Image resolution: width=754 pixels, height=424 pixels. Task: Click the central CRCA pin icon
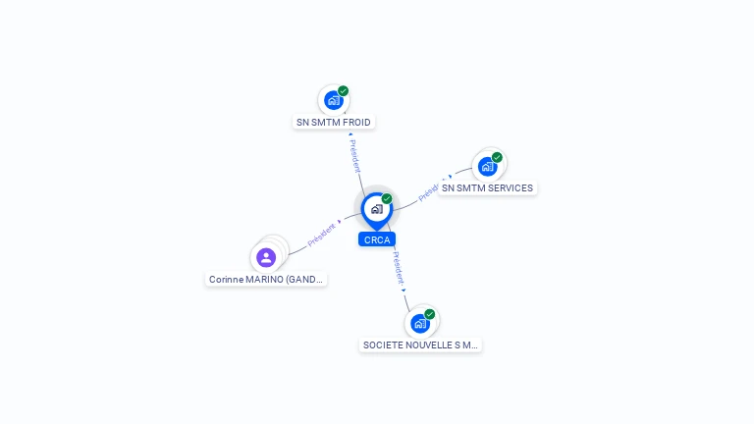pyautogui.click(x=376, y=209)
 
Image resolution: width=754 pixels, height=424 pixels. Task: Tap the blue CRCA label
pyautogui.click(x=376, y=239)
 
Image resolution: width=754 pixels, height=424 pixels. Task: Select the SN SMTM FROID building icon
pyautogui.click(x=334, y=100)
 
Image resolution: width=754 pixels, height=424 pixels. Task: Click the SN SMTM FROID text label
pyautogui.click(x=334, y=123)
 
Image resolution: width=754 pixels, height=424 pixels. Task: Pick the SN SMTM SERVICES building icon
pyautogui.click(x=487, y=166)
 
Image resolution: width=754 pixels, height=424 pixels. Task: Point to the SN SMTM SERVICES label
pyautogui.click(x=487, y=188)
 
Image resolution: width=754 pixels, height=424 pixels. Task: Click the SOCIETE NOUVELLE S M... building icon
pyautogui.click(x=420, y=323)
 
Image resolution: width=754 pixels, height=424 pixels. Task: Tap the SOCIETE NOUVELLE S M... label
pyautogui.click(x=420, y=345)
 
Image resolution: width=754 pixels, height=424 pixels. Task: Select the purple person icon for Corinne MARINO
pyautogui.click(x=266, y=257)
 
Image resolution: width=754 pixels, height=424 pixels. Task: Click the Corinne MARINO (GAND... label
pyautogui.click(x=266, y=280)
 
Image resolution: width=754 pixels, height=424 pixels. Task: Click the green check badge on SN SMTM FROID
pyautogui.click(x=344, y=91)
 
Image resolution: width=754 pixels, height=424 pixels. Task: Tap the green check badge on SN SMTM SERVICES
pyautogui.click(x=497, y=157)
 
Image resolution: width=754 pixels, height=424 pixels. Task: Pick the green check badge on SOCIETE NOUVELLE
pyautogui.click(x=430, y=314)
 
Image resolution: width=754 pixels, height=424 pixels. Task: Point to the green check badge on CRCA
pyautogui.click(x=387, y=199)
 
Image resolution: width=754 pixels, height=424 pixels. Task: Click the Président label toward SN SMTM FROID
pyautogui.click(x=354, y=154)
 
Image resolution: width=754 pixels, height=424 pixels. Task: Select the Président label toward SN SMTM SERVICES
pyautogui.click(x=432, y=189)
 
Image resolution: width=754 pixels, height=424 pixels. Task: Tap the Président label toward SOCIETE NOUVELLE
pyautogui.click(x=399, y=268)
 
